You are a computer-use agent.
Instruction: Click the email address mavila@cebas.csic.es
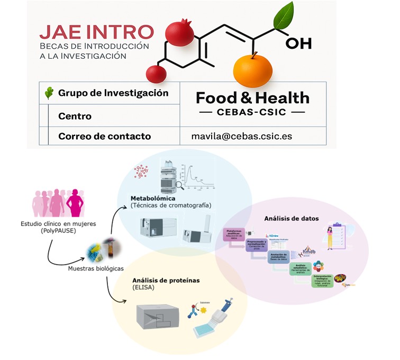pyautogui.click(x=241, y=136)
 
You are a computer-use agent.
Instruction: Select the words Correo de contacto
pyautogui.click(x=104, y=136)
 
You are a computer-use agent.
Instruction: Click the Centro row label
pyautogui.click(x=75, y=116)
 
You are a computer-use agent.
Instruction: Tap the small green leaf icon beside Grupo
pyautogui.click(x=49, y=93)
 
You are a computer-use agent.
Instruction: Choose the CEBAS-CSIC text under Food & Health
pyautogui.click(x=252, y=112)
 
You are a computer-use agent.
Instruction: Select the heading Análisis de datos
pyautogui.click(x=291, y=218)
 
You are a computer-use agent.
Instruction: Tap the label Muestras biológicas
pyautogui.click(x=93, y=268)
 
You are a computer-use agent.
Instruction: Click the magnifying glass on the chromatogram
pyautogui.click(x=180, y=185)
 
